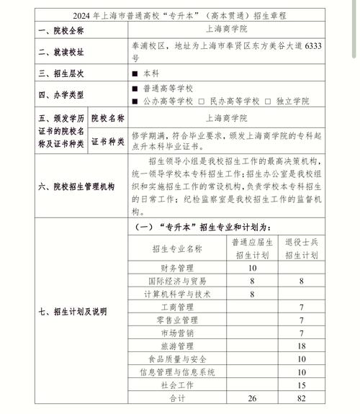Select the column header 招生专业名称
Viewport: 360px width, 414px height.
tap(177, 248)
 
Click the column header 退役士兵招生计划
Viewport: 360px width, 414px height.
tap(302, 248)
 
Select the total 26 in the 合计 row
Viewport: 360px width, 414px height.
tap(252, 398)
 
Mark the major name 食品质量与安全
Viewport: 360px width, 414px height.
tap(177, 359)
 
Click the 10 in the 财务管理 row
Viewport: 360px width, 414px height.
tap(252, 268)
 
